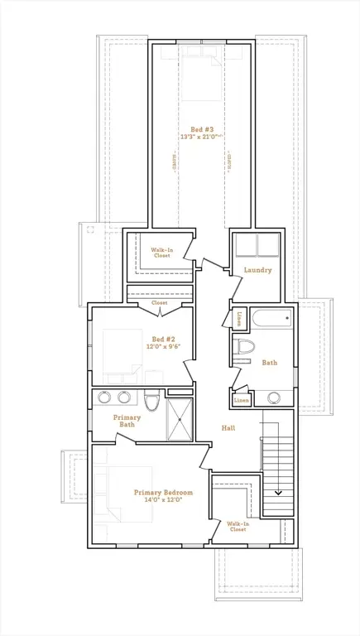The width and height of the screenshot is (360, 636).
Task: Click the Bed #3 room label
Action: pos(202,129)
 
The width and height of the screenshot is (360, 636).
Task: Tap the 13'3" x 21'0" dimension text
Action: pos(202,137)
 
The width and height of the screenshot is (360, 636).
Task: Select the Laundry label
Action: pos(257,270)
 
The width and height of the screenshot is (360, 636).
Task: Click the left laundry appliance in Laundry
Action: pos(246,246)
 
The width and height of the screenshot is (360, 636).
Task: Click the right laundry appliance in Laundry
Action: pos(268,246)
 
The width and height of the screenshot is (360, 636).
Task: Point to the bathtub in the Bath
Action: pos(272,319)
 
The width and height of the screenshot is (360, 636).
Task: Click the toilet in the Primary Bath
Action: pos(151,402)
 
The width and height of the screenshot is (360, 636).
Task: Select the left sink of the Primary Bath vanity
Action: pos(105,397)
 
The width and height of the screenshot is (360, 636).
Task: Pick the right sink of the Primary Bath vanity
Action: pos(124,397)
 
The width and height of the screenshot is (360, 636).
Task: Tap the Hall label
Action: pos(229,428)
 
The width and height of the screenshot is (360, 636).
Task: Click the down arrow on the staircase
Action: pos(278,492)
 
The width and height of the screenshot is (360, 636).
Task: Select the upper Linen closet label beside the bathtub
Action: pos(239,318)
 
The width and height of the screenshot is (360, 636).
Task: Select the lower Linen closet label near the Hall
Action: pos(241,400)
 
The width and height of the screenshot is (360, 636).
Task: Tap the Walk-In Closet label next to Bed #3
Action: pos(161,253)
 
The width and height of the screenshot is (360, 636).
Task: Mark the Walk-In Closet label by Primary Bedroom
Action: pos(238,526)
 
